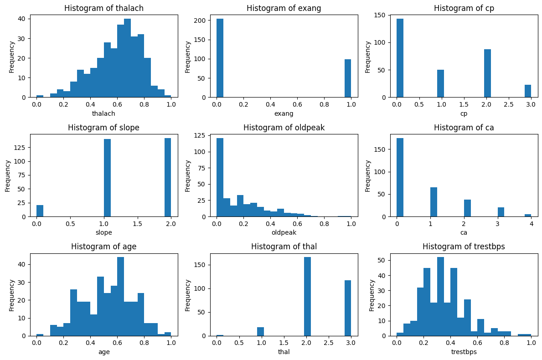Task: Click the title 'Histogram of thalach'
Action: [x=104, y=8]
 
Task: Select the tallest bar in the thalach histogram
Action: [x=127, y=58]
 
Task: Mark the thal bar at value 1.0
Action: [x=260, y=331]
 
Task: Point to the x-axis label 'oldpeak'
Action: [x=284, y=232]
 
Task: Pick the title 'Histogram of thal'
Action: [x=284, y=247]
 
